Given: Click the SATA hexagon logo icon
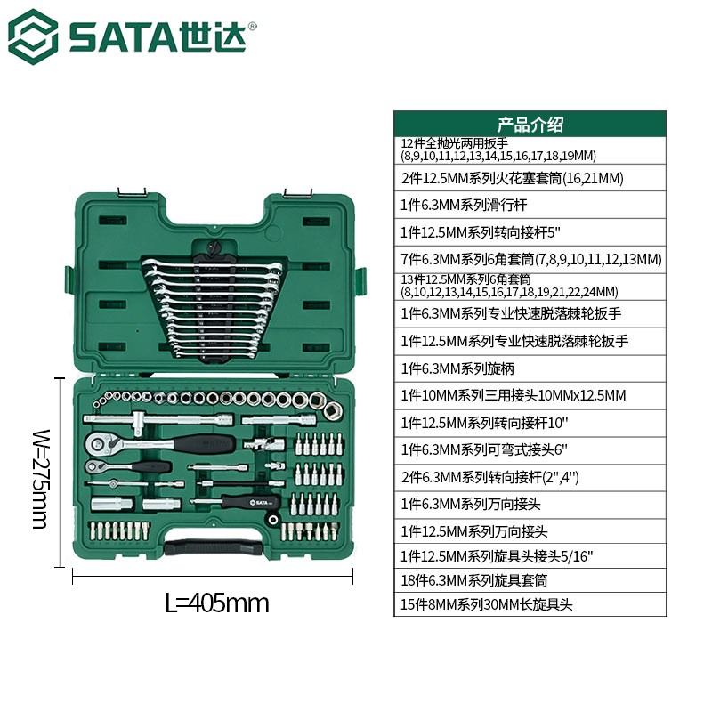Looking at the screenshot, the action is click(33, 36).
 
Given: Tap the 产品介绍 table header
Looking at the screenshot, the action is click(530, 125).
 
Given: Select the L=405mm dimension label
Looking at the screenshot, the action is click(217, 603).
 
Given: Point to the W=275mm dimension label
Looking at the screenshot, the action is click(41, 479).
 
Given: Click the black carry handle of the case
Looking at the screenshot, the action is click(214, 546).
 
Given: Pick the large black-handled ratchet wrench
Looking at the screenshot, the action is click(160, 442).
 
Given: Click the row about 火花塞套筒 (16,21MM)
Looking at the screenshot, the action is click(512, 178).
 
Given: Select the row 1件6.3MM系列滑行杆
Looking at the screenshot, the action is click(464, 206).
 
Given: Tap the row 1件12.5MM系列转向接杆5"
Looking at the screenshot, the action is click(480, 232).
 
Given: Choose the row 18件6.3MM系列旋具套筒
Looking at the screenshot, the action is click(473, 580).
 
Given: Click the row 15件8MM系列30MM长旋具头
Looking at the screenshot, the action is click(486, 604).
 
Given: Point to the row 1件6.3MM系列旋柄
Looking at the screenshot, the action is click(457, 368).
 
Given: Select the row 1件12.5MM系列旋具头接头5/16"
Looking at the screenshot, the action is click(497, 556).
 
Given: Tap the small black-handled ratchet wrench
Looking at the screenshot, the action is click(128, 466).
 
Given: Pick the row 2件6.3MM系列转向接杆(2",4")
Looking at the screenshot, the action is click(489, 477).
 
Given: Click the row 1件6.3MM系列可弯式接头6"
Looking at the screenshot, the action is click(484, 450).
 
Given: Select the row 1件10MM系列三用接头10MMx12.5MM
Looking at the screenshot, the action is click(514, 395).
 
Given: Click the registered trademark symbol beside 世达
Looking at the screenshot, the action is click(253, 26).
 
